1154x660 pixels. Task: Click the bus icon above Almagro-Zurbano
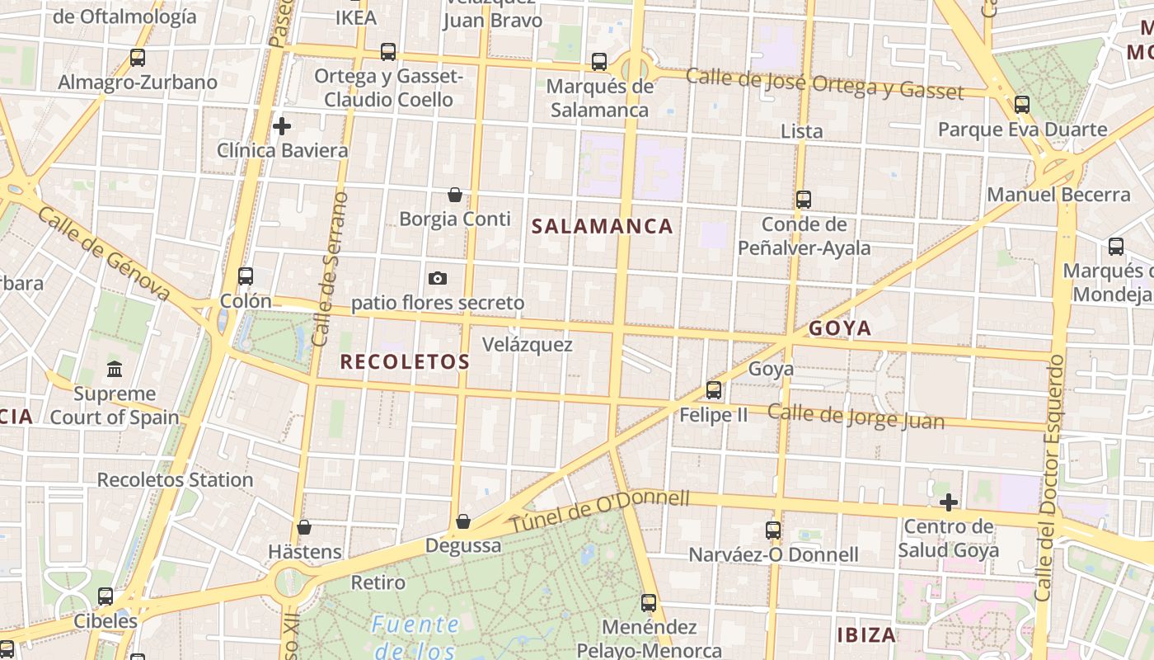pyautogui.click(x=138, y=58)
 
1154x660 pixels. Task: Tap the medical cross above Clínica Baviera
pyautogui.click(x=282, y=126)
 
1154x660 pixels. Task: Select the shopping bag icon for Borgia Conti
pyautogui.click(x=454, y=195)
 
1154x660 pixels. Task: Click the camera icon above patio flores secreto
pyautogui.click(x=438, y=278)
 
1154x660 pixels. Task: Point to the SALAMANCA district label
pyautogui.click(x=603, y=226)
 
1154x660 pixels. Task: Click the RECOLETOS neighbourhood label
pyautogui.click(x=405, y=361)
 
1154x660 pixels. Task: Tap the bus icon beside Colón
pyautogui.click(x=246, y=276)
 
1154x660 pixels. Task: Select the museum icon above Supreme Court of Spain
pyautogui.click(x=115, y=369)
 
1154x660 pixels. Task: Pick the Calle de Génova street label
pyautogui.click(x=104, y=254)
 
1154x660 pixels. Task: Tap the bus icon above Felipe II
pyautogui.click(x=714, y=390)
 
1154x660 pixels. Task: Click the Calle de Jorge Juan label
pyautogui.click(x=856, y=417)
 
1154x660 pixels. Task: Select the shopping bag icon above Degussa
pyautogui.click(x=463, y=521)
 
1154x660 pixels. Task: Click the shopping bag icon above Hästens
pyautogui.click(x=304, y=526)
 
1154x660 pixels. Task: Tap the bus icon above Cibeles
pyautogui.click(x=106, y=596)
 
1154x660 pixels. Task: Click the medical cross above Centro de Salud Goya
pyautogui.click(x=949, y=502)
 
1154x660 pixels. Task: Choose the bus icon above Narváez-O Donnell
pyautogui.click(x=773, y=530)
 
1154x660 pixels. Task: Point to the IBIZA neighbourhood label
pyautogui.click(x=866, y=635)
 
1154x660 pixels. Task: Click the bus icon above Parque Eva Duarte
pyautogui.click(x=1022, y=105)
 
